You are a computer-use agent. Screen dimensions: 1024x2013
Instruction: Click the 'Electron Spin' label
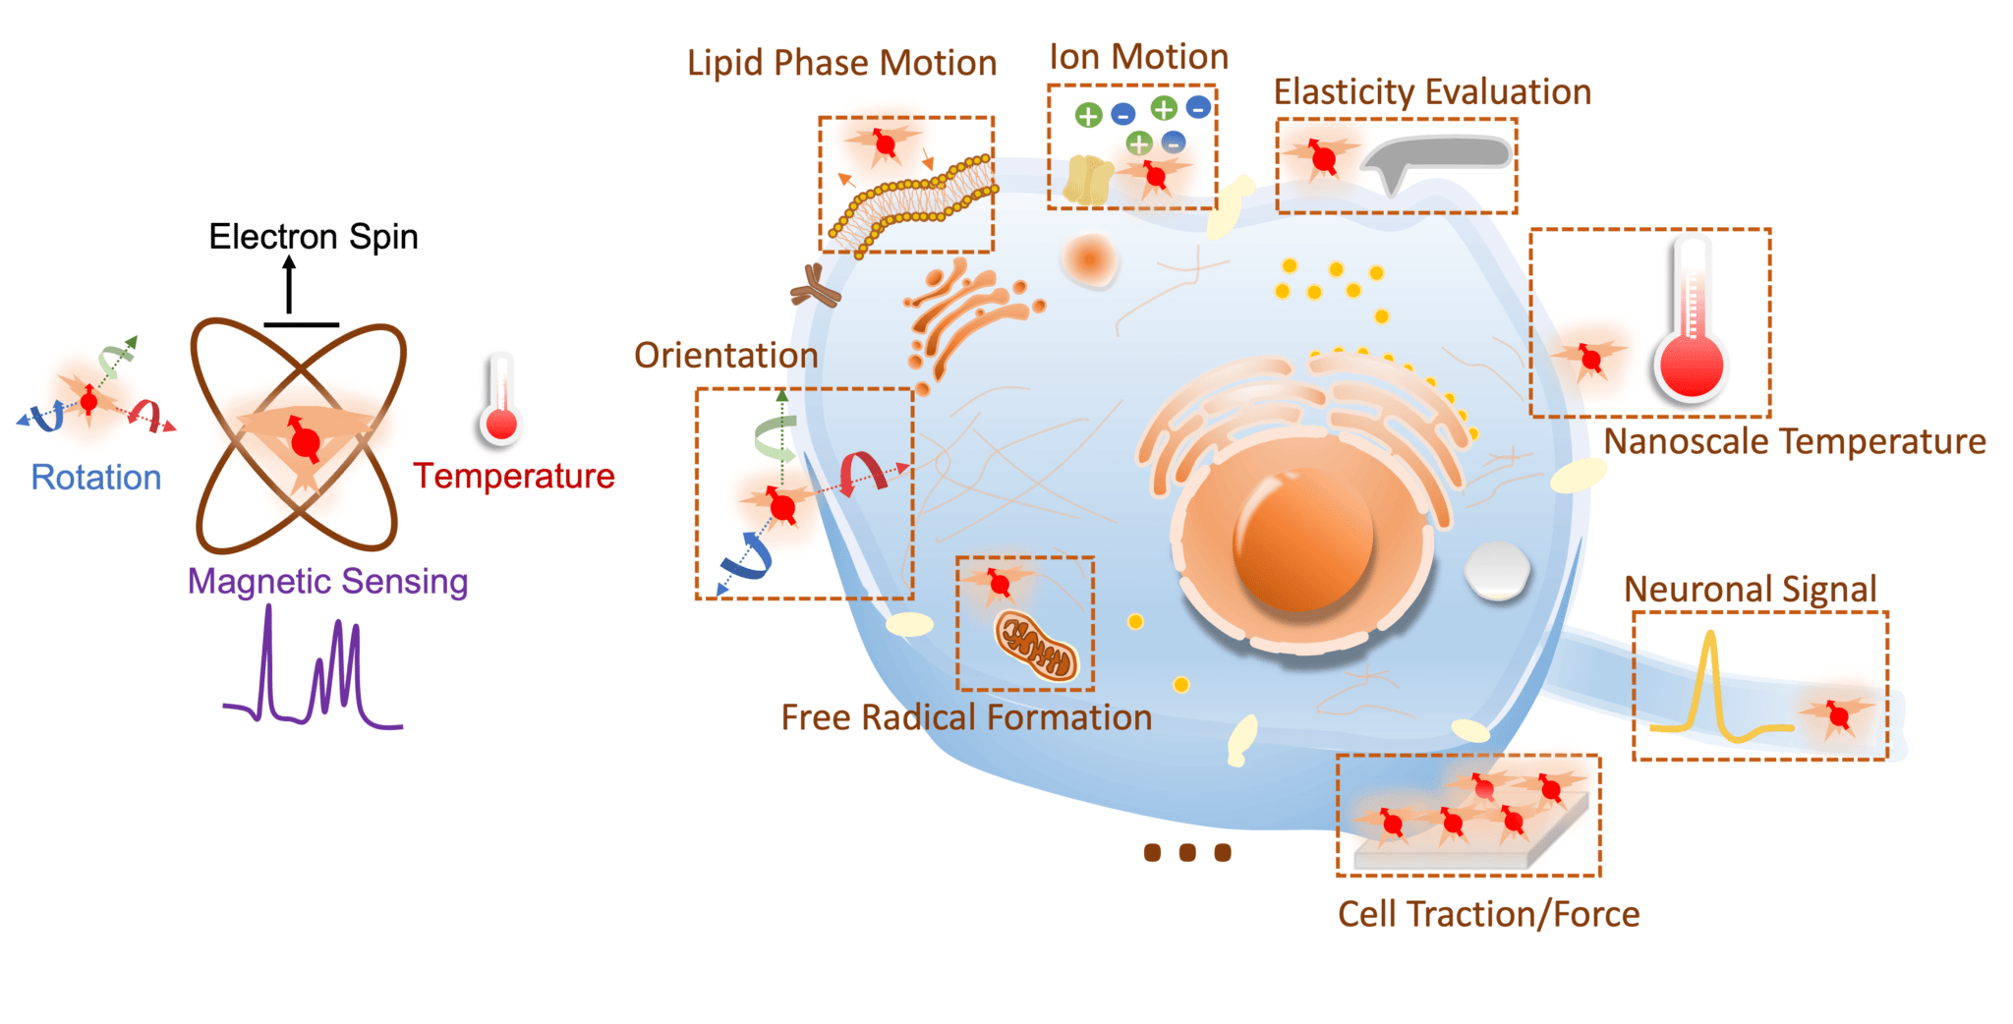pos(314,237)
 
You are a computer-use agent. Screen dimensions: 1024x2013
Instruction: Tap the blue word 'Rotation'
pos(96,478)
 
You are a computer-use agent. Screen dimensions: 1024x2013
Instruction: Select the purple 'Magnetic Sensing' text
pos(327,581)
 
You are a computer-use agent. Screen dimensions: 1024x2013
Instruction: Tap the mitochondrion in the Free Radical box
pos(1036,646)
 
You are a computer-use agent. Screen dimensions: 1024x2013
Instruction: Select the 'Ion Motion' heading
pos(1138,57)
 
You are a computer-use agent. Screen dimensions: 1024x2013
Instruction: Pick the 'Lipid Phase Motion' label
pos(841,63)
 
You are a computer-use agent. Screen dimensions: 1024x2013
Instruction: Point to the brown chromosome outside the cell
pos(815,286)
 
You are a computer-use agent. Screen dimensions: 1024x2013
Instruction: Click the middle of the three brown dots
pos(1187,852)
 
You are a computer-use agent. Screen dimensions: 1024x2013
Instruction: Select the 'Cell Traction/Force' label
pos(1488,914)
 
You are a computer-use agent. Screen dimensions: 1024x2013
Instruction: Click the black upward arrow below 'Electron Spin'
pos(289,286)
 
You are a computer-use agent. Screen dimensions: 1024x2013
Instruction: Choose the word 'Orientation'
pos(725,356)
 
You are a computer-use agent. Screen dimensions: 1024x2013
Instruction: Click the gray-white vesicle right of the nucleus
pos(1497,570)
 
